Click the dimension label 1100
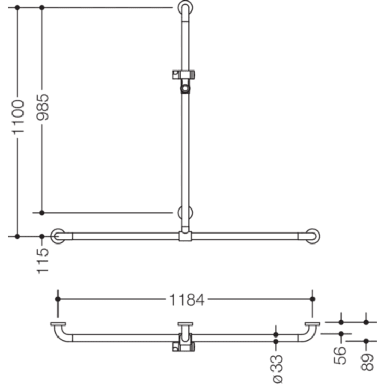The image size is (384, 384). (x=18, y=117)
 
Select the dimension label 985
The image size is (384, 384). (x=42, y=107)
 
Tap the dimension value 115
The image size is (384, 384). (x=42, y=259)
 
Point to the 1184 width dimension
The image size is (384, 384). (x=187, y=299)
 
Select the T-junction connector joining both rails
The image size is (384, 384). (x=185, y=236)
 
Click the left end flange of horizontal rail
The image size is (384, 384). (x=57, y=236)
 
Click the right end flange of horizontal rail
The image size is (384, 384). (x=312, y=236)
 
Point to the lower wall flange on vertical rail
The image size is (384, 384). (x=185, y=213)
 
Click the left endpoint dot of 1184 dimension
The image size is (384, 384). (x=58, y=299)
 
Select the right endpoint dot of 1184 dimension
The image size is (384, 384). (x=312, y=299)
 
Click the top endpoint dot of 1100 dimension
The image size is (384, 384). (x=17, y=8)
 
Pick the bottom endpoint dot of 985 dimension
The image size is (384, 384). (x=42, y=213)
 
